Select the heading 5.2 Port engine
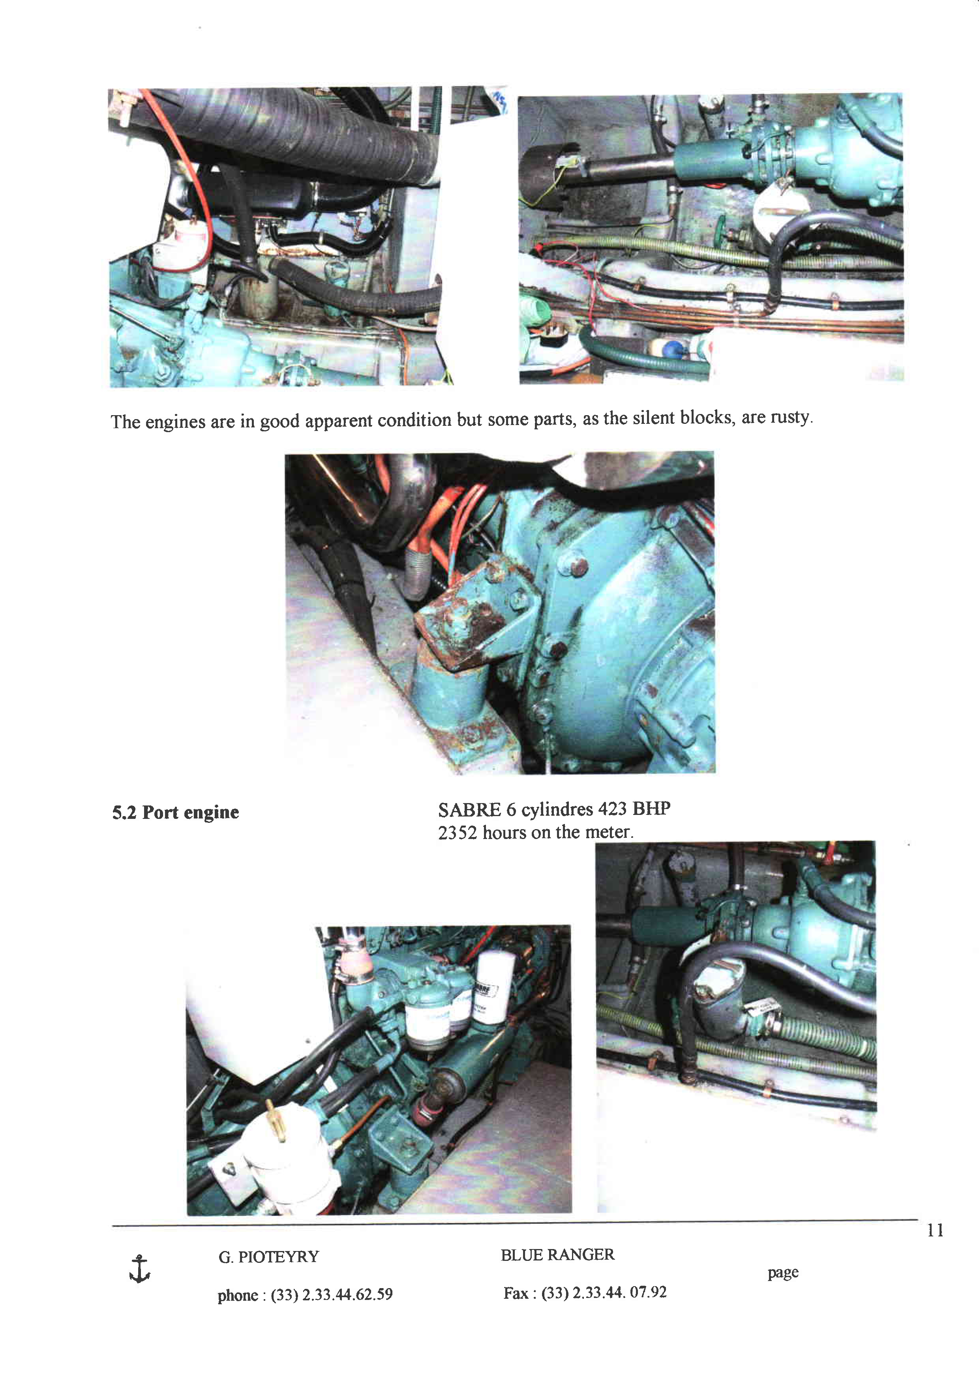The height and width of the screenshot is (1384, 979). [x=175, y=813]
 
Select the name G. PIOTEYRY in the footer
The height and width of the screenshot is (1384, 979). [x=268, y=1257]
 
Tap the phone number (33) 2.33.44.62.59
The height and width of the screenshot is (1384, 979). [x=332, y=1295]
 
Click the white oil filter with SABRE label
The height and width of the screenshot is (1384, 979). [x=494, y=989]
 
